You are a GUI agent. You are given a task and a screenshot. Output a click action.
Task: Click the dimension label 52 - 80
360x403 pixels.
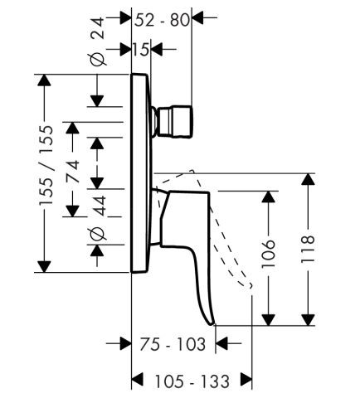(162, 20)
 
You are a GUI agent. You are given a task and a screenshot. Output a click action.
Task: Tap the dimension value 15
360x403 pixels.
(141, 50)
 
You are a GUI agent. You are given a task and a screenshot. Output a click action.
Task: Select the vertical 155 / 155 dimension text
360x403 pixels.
(46, 165)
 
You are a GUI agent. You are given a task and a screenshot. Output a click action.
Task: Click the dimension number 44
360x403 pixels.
(99, 206)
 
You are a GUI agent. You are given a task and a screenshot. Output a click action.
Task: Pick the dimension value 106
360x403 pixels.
(269, 254)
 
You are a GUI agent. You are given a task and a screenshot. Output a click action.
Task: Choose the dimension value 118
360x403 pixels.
(308, 249)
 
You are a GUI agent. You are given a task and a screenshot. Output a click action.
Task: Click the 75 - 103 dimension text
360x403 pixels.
(173, 344)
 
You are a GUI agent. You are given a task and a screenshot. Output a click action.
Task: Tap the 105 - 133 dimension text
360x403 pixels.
(192, 381)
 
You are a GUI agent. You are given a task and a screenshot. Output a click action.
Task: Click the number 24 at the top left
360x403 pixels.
(99, 28)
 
